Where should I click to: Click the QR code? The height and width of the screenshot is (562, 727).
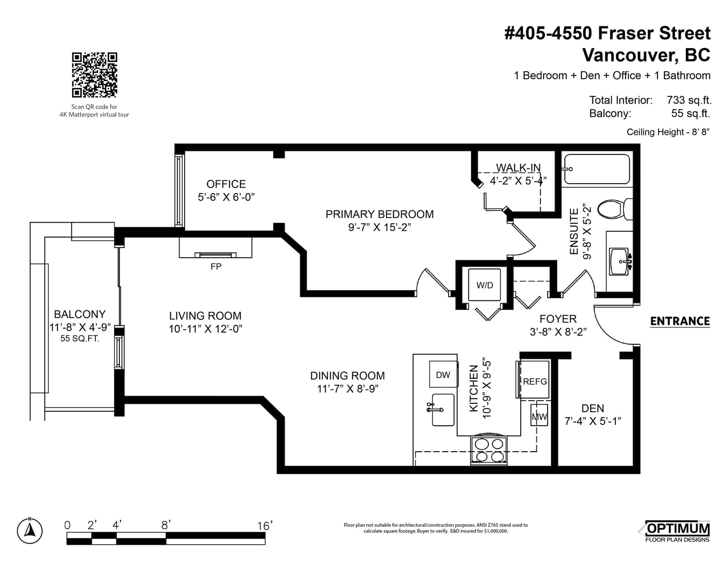point(95,75)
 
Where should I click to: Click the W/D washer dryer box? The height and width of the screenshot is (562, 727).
point(484,285)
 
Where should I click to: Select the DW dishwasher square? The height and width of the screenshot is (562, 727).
point(443,374)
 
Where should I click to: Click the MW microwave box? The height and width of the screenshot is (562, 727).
point(539,415)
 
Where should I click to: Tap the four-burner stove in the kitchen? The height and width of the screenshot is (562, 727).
point(489,450)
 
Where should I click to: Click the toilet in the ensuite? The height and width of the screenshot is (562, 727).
point(615,209)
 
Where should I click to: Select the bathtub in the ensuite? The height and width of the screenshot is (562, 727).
point(597,169)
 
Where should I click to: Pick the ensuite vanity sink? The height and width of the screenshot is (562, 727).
point(619,261)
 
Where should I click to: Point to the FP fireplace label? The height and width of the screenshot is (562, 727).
point(216,267)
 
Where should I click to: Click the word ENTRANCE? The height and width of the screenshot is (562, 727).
point(680,321)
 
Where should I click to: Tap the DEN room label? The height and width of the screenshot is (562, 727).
point(593,408)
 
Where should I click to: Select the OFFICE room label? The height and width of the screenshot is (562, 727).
point(226,184)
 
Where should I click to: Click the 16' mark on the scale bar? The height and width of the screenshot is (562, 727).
point(264,526)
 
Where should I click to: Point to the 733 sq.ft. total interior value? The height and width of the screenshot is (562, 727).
point(689,100)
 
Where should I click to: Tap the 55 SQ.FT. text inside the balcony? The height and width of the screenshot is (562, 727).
point(80,338)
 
